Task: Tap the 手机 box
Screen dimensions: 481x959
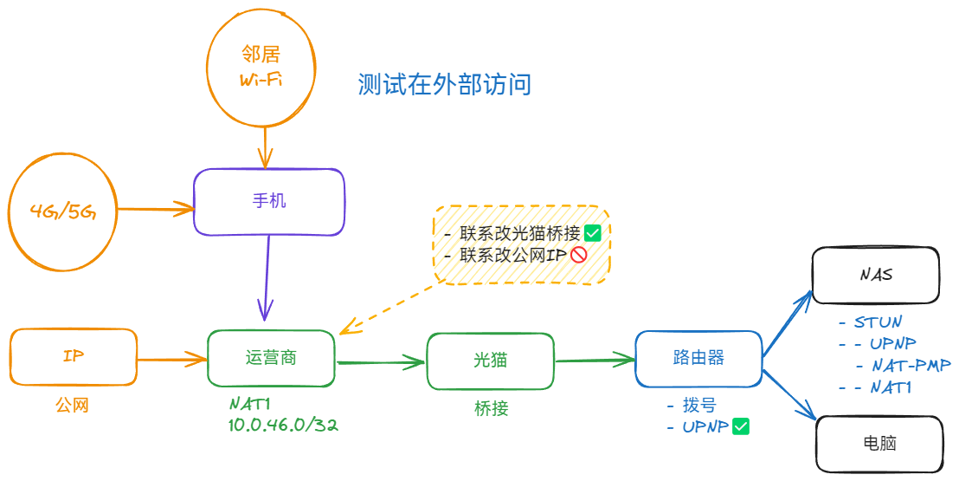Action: pos(269,202)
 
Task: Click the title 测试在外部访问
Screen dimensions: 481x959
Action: pos(444,84)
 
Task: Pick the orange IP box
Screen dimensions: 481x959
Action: pos(74,356)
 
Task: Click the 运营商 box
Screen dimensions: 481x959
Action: pos(271,358)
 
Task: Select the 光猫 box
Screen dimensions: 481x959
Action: pos(489,360)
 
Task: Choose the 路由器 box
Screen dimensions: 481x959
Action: pos(698,358)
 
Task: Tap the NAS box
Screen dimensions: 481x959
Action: pos(875,276)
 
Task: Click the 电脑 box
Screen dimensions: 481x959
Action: pos(879,444)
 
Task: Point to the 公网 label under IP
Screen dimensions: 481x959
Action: pos(72,405)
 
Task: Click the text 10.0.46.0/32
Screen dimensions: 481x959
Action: pos(282,425)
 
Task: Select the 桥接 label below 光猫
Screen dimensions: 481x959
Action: pos(491,409)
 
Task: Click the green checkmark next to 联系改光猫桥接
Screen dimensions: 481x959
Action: pos(593,232)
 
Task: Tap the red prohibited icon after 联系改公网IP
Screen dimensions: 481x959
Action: pos(579,255)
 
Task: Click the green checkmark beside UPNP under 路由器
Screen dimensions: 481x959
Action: pos(740,426)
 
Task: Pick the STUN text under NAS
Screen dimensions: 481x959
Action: pos(877,322)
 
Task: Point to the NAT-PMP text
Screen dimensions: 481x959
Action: pos(911,366)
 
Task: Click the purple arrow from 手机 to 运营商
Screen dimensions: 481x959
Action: pos(267,277)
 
